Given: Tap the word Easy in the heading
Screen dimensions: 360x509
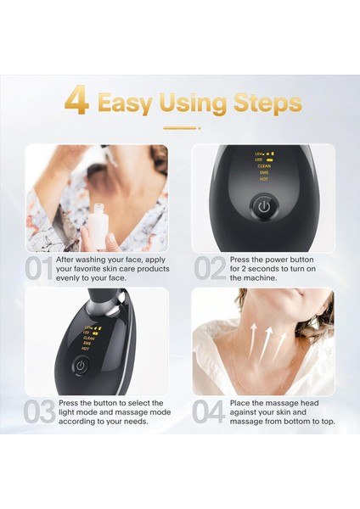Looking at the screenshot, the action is (x=125, y=103).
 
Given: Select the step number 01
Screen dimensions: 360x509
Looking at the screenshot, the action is (x=39, y=268).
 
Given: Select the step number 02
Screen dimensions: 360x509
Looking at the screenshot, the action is (x=211, y=268).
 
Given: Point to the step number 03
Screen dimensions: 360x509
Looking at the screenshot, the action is (x=40, y=411).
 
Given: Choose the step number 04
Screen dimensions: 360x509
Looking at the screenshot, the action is (x=209, y=411).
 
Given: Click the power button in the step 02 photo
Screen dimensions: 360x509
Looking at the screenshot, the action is (x=264, y=207).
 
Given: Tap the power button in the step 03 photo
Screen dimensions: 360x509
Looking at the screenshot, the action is (x=81, y=366).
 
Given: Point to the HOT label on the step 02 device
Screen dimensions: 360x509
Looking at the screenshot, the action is (x=263, y=179).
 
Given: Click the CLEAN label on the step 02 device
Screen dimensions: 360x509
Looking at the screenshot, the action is (x=264, y=166).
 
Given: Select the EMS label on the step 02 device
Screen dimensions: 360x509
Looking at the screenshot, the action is (x=264, y=173).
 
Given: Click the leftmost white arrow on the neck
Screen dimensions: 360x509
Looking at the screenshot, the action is (x=253, y=338).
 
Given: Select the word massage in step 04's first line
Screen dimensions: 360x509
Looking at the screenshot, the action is (x=282, y=404).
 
